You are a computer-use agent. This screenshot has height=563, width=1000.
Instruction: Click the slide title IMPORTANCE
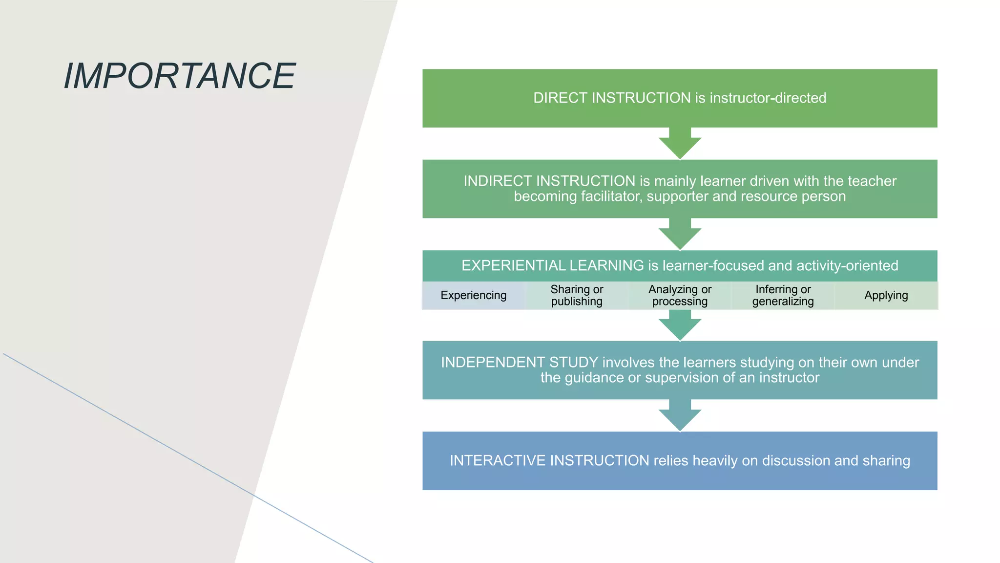180,76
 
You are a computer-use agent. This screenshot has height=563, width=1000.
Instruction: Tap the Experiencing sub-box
473,295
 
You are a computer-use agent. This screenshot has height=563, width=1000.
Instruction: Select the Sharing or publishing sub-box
577,295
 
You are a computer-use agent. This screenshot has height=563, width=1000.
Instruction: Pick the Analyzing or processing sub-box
680,295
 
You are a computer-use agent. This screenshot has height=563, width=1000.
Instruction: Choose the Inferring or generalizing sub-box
783,295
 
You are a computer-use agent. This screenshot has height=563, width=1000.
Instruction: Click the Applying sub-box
886,295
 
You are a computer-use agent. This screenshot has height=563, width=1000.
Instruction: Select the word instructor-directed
768,98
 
